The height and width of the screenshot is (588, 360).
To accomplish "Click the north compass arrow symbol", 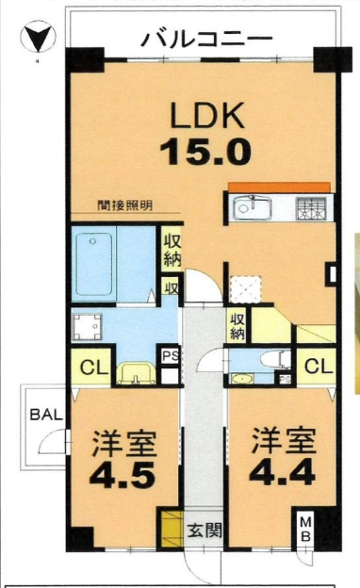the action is point(38,38).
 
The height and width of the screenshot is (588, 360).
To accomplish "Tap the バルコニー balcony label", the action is point(206,39).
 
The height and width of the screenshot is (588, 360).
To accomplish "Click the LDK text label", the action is point(207,115).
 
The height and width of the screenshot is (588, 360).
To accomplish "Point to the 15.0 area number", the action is point(205,151).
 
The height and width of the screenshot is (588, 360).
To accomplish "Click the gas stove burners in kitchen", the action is point(311,208).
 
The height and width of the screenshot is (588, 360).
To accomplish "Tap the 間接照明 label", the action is point(125,205).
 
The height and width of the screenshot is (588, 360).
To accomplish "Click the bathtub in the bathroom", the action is point(94,264).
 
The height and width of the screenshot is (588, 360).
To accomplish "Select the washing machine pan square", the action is point(87,327).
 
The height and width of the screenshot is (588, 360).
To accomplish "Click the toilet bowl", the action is point(275,360).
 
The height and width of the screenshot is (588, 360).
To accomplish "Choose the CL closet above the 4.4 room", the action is point(319,366).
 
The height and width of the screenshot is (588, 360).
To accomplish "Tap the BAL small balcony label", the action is point(46,416).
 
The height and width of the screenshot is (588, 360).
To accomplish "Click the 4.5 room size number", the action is point(123,474).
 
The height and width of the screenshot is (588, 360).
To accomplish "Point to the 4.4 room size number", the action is point(282,473).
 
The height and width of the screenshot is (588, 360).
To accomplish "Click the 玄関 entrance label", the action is point(205,531).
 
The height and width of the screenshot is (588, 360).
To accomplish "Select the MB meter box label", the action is point(306,529).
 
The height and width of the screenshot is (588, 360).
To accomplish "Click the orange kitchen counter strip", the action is point(279,188).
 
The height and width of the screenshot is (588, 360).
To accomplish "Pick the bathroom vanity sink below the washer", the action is point(136,373).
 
